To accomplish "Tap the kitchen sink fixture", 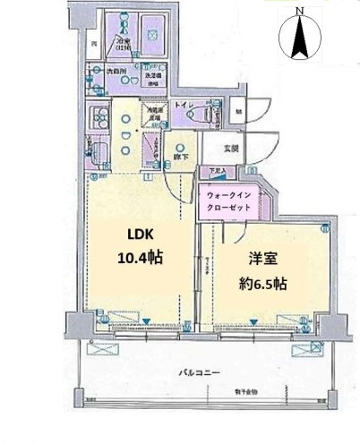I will coord(99,151).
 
